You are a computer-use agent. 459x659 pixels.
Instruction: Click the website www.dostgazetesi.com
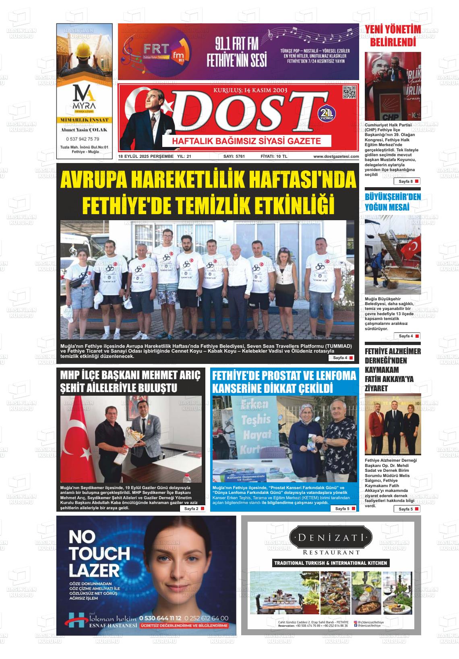[x=336, y=156]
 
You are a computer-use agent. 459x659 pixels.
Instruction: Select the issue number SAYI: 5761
[x=234, y=156]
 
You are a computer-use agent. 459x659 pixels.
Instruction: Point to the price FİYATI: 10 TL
[x=274, y=156]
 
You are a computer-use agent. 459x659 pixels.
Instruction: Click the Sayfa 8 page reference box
[x=407, y=182]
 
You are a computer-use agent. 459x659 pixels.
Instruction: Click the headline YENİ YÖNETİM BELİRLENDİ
[x=393, y=35]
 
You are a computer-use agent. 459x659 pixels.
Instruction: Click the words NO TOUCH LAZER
[x=95, y=554]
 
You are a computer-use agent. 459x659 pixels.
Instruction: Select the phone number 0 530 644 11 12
[x=160, y=618]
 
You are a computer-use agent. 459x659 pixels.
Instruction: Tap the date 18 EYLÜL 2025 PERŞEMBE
[x=146, y=156]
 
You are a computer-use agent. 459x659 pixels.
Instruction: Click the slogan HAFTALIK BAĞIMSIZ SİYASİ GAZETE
[x=246, y=141]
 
